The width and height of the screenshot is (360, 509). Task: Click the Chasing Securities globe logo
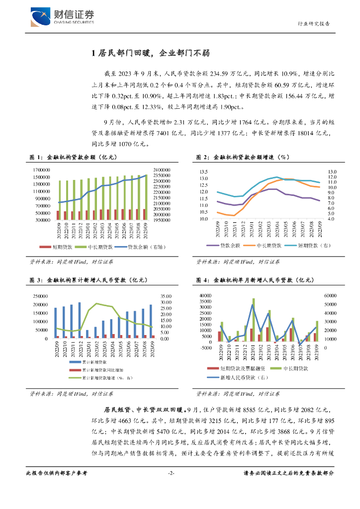click(41, 17)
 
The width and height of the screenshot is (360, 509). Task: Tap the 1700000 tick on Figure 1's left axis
click(42, 170)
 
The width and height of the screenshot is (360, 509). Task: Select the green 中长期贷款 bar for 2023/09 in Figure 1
click(146, 197)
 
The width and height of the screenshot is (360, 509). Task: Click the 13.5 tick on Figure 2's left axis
click(203, 171)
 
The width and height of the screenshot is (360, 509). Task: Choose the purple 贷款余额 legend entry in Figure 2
click(230, 246)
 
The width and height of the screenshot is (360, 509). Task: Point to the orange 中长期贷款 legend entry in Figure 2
click(266, 246)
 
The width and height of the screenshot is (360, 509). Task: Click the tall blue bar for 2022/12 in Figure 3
click(80, 320)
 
